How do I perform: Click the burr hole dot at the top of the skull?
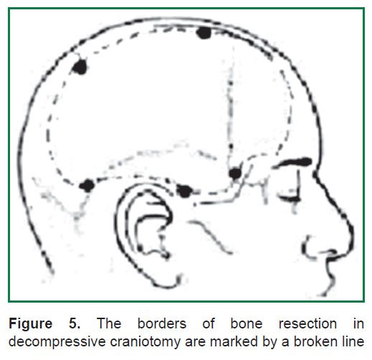coord(204,33)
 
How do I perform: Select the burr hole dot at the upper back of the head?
coord(80,67)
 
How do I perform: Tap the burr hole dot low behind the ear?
coord(87,186)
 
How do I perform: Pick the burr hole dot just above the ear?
coord(184,191)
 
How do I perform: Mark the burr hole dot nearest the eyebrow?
coord(235,173)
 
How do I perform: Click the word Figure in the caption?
coord(31,324)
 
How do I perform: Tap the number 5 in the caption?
coord(75,324)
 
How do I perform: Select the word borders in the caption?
coord(162,324)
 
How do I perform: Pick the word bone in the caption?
coord(247,324)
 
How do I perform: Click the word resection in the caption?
coord(307,324)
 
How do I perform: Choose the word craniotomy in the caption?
coord(146,342)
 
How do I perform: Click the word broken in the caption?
coord(318,342)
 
